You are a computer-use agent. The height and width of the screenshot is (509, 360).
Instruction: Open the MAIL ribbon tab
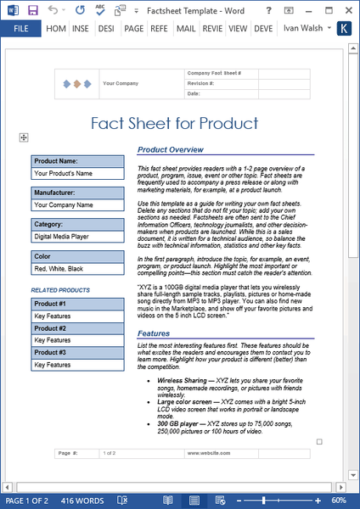[185, 28]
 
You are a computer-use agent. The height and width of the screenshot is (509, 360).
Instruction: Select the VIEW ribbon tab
[238, 28]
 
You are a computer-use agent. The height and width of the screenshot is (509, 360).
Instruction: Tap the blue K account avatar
[344, 28]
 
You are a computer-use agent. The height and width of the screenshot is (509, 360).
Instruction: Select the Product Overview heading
[171, 150]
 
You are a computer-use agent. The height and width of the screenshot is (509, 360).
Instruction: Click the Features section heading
[154, 333]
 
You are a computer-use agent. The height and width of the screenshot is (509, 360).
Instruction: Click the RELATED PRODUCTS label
[60, 290]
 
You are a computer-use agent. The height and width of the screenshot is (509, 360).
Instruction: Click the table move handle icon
[24, 137]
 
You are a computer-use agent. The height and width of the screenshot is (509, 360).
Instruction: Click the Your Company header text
[121, 84]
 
